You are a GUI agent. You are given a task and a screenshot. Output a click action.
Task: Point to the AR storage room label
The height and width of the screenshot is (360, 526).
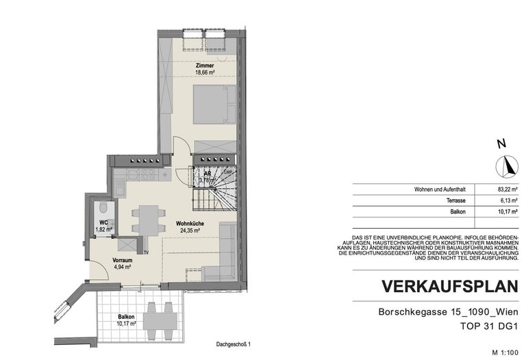tap(206, 174)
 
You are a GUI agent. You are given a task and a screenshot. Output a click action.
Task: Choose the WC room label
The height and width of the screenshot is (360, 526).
tap(102, 222)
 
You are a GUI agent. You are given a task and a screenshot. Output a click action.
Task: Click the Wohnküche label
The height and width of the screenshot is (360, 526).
tap(189, 224)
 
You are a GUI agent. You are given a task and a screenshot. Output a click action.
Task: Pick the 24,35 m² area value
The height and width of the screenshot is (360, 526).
tap(189, 231)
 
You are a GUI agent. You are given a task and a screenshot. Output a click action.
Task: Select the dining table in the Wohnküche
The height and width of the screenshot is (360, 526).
tap(148, 219)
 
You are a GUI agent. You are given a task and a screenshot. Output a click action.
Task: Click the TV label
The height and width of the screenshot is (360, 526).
tap(146, 252)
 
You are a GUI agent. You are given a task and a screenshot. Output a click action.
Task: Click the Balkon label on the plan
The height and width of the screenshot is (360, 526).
tap(125, 317)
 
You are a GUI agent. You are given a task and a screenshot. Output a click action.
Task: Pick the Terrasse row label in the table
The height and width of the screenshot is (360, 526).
tap(455, 201)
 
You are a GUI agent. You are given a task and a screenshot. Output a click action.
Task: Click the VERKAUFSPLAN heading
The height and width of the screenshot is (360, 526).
tap(446, 285)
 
